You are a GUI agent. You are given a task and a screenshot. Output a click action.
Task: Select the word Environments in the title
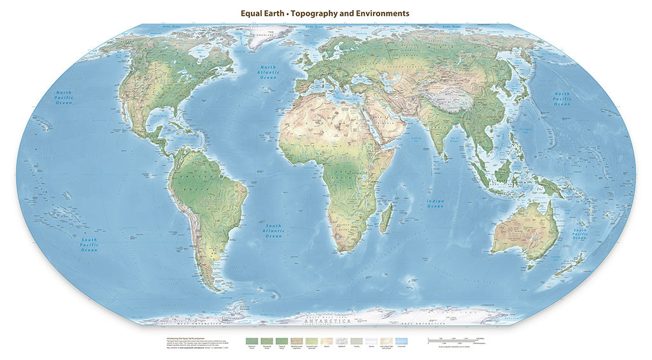[381, 13]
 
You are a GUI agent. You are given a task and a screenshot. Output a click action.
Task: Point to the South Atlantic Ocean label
[273, 231]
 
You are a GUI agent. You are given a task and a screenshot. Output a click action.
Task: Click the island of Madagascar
[385, 219]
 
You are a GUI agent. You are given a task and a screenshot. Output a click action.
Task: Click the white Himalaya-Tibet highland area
[452, 102]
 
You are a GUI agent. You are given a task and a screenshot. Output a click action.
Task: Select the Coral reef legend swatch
[401, 342]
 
